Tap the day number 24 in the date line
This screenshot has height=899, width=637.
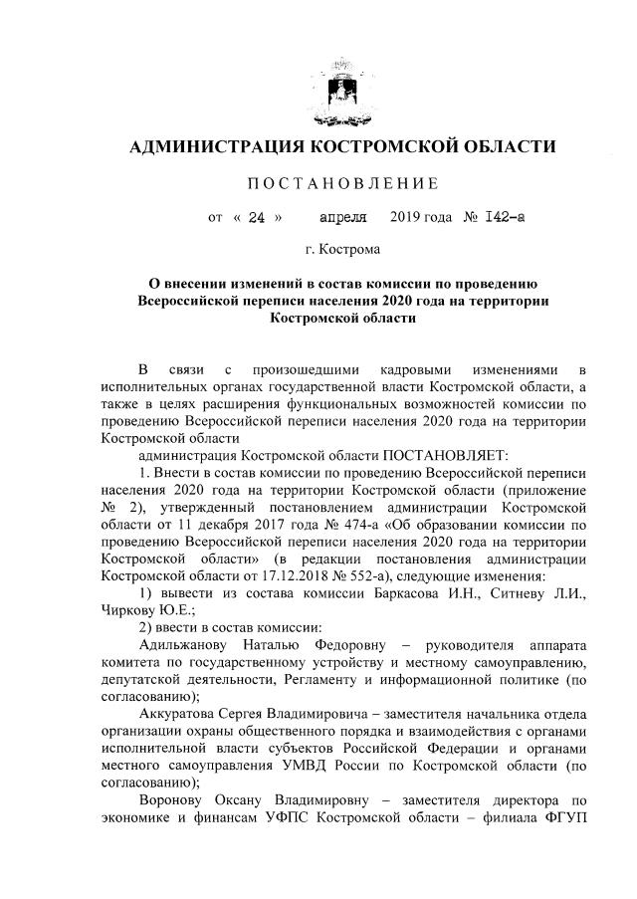(x=257, y=214)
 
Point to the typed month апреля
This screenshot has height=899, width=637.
(x=342, y=214)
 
